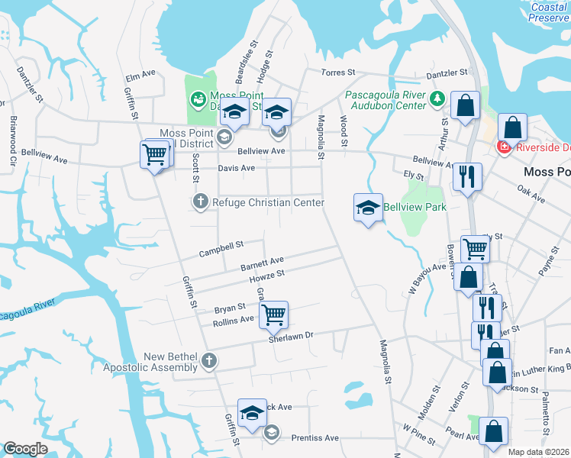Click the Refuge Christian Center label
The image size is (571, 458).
coord(268,202)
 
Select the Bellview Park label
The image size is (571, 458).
coord(413,206)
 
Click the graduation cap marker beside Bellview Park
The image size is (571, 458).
coord(368,207)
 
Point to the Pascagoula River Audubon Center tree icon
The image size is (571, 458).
coord(437,98)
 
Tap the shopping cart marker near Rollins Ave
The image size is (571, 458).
coord(273,313)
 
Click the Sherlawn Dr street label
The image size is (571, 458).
coord(292,335)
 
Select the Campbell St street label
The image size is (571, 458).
coord(221,249)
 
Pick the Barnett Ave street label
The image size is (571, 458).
coord(262,264)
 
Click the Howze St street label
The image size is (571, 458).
coord(269,276)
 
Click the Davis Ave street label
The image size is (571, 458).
coord(236,168)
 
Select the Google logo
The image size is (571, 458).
coord(25,449)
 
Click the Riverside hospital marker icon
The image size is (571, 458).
coord(503,147)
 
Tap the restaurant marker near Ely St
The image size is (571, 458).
coord(466,176)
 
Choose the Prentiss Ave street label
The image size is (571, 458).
coord(315,438)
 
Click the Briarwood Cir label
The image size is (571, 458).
coord(13,141)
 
